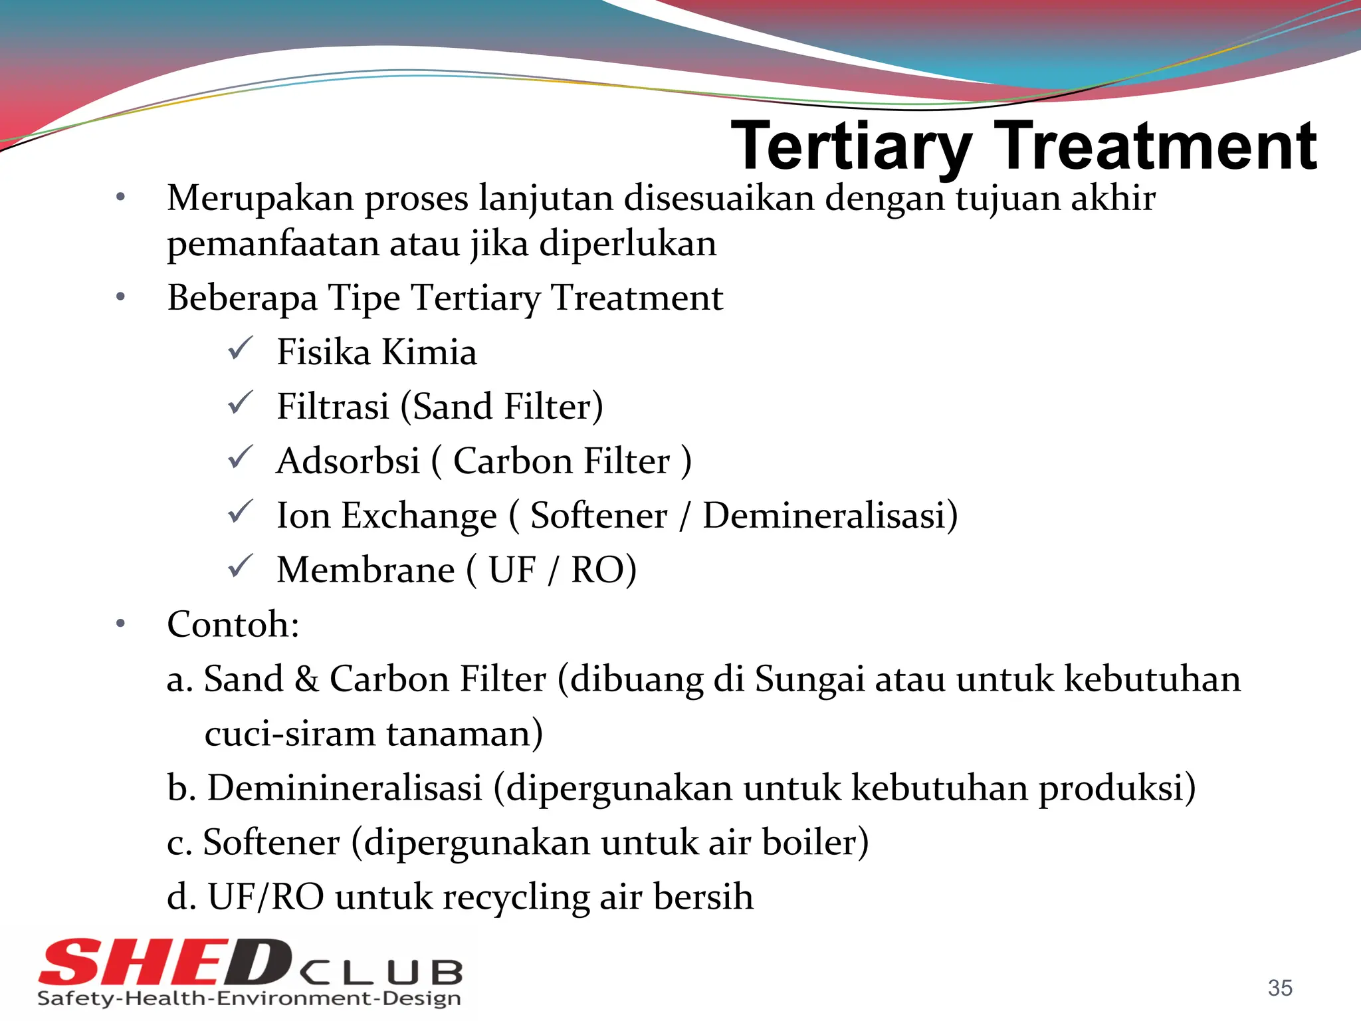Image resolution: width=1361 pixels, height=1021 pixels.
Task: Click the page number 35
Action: point(1280,988)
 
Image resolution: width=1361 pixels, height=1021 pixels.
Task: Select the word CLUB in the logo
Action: point(381,973)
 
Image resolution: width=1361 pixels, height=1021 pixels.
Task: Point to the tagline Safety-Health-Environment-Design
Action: point(249,998)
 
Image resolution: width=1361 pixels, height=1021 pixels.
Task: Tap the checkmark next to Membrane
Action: point(240,566)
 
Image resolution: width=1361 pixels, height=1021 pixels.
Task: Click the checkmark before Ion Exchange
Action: point(240,512)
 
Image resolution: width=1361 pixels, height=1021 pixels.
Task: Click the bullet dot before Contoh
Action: point(120,624)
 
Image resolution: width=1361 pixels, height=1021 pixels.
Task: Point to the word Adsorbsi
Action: point(348,461)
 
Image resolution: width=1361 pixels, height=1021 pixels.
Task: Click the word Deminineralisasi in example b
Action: point(344,788)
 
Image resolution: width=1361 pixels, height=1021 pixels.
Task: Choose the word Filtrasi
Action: point(333,407)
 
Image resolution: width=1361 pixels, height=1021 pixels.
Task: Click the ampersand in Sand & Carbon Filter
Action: point(306,680)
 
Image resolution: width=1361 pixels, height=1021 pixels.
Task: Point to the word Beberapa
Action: point(242,298)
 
